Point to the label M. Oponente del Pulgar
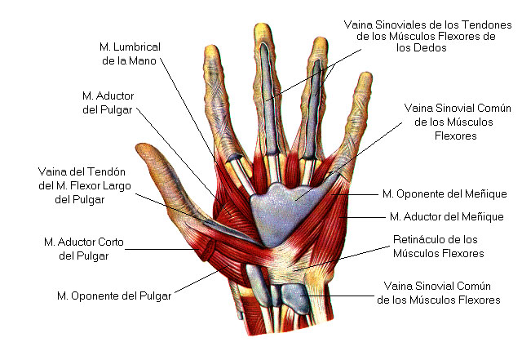pyautogui.click(x=114, y=295)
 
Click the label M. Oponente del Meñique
pyautogui.click(x=445, y=193)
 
